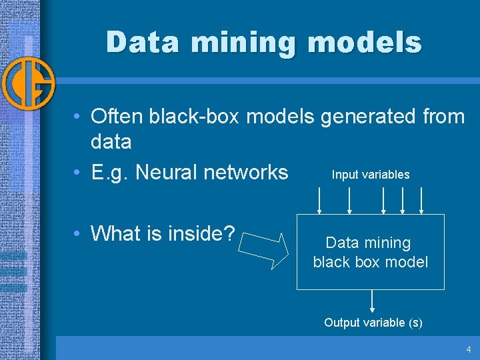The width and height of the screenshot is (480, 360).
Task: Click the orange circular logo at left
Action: (27, 85)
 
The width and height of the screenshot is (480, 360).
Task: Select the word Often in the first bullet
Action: (117, 117)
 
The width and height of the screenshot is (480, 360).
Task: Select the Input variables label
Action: (371, 175)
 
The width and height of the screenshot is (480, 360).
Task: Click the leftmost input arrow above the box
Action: (320, 200)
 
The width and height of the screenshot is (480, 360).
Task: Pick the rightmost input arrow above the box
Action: (422, 200)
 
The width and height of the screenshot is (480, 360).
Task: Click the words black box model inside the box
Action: (371, 262)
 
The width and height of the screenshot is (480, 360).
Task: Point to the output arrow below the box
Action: (372, 301)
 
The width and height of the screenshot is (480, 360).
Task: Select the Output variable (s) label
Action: (373, 323)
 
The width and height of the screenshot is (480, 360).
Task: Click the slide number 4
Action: (469, 349)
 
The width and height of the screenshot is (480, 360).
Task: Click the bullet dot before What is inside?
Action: (78, 234)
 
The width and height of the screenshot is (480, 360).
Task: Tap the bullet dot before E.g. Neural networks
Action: (78, 173)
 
